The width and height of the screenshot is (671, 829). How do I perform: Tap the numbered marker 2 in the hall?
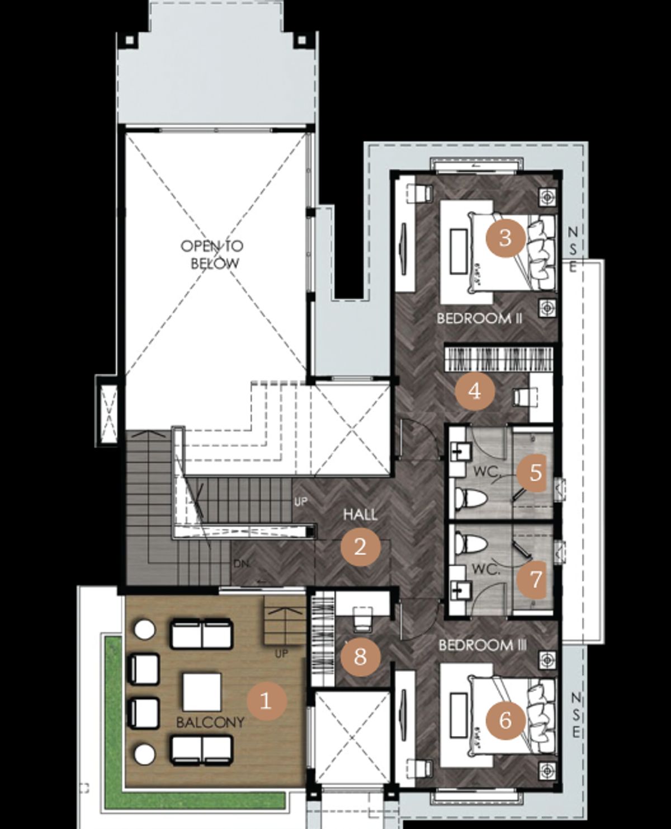coord(360,547)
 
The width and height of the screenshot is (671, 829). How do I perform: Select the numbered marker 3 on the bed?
coord(505,237)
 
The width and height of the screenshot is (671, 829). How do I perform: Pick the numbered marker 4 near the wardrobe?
coord(475,391)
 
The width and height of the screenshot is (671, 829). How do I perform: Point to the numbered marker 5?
coord(535,473)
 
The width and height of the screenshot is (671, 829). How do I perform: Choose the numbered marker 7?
coord(535,579)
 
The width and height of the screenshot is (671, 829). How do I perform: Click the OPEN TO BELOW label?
coord(212,255)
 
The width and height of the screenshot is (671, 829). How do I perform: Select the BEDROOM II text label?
coord(479,318)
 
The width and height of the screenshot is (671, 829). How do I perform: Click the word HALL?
coord(360,515)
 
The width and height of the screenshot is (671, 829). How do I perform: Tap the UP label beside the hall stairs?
coord(301,502)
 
